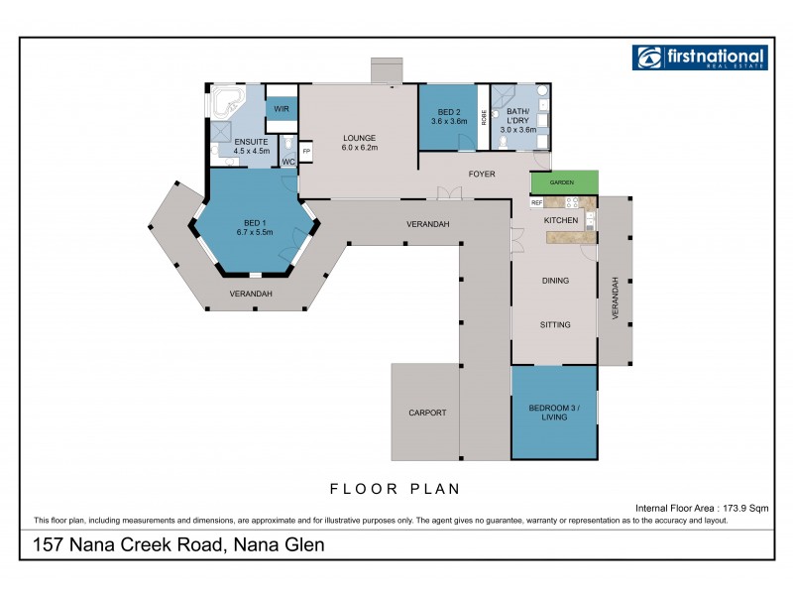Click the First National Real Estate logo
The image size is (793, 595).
[699, 58]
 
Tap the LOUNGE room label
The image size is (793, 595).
[358, 138]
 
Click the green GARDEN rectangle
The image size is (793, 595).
[564, 183]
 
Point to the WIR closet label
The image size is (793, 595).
[281, 108]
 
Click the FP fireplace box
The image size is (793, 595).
[306, 152]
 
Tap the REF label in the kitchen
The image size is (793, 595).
[536, 202]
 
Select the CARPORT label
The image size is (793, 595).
[427, 413]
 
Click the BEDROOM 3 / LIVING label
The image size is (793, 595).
[554, 412]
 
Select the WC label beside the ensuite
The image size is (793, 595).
[288, 161]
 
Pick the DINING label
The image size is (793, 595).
[555, 281]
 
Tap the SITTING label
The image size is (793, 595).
[554, 324]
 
